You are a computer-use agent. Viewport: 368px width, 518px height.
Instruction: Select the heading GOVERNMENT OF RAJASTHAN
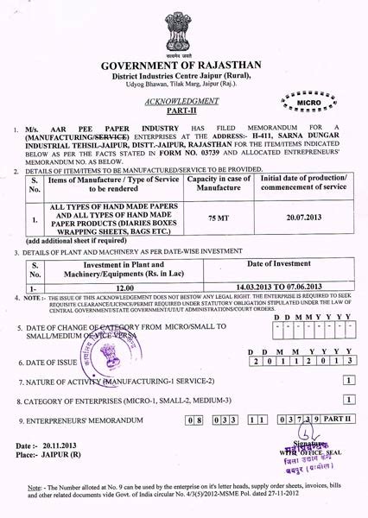point(183,66)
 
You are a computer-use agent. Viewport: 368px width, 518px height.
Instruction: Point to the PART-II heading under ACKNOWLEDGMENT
point(184,111)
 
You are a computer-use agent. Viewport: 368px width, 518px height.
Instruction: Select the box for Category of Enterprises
point(347,400)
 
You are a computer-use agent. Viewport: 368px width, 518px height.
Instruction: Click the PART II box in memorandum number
point(336,420)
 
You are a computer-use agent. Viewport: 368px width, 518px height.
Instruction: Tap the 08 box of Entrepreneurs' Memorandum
point(196,420)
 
